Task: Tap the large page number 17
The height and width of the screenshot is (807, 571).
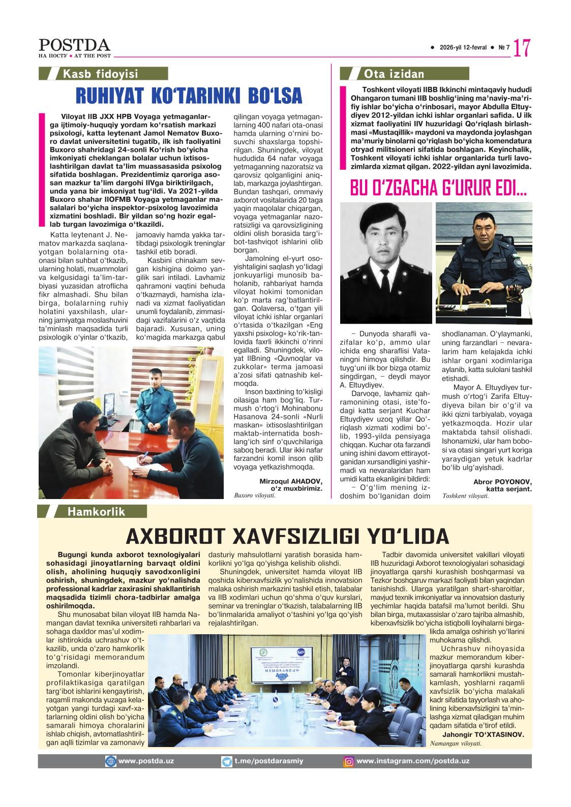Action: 522,48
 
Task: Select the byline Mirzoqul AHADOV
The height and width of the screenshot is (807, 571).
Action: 291,481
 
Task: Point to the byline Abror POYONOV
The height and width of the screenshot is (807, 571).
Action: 502,481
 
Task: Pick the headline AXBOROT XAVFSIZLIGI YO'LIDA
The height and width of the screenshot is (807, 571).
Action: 287,536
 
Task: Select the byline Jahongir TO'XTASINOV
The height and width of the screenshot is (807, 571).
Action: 476,734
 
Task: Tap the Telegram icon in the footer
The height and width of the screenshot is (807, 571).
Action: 227,761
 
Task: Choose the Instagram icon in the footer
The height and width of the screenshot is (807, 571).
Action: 349,761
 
